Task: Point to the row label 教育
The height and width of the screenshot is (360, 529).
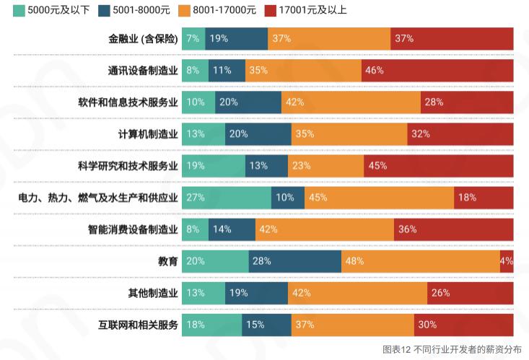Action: [x=168, y=261]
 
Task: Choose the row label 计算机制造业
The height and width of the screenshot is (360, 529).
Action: [x=148, y=133]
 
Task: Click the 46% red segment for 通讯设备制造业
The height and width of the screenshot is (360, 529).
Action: [x=437, y=70]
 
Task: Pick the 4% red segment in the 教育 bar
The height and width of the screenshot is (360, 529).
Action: [x=507, y=260]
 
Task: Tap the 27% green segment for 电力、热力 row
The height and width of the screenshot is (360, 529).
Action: [x=226, y=197]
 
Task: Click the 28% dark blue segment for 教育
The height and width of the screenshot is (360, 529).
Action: [x=294, y=260]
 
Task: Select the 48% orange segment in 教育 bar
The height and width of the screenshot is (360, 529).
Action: [x=420, y=260]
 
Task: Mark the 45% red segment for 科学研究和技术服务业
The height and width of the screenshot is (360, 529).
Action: [x=438, y=165]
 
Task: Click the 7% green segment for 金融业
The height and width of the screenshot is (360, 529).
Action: [x=193, y=38]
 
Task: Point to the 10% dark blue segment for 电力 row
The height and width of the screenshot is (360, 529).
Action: [x=287, y=197]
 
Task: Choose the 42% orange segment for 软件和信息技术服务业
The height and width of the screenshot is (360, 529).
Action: [x=351, y=102]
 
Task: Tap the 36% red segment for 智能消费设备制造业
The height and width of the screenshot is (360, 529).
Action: [x=453, y=229]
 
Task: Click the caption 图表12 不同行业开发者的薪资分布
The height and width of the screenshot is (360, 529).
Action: [x=451, y=348]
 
